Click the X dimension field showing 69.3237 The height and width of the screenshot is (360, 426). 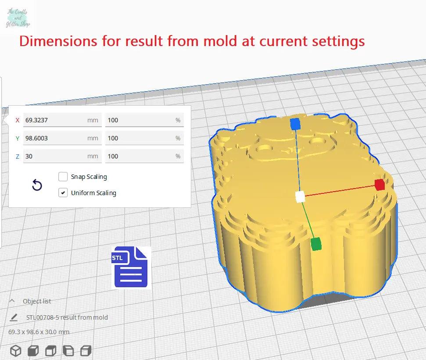[x=62, y=120]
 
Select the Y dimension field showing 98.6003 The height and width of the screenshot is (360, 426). [x=62, y=138]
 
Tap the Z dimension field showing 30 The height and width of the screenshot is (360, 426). [x=62, y=156]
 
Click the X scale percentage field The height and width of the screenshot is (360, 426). [x=144, y=120]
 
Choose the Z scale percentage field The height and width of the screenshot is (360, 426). [x=144, y=156]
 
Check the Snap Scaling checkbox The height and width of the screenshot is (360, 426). [x=63, y=177]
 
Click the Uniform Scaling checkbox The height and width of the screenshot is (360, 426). [x=63, y=193]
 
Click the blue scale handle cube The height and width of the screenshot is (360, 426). [x=295, y=124]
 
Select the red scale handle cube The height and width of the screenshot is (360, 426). [x=379, y=185]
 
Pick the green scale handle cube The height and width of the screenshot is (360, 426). [x=316, y=244]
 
